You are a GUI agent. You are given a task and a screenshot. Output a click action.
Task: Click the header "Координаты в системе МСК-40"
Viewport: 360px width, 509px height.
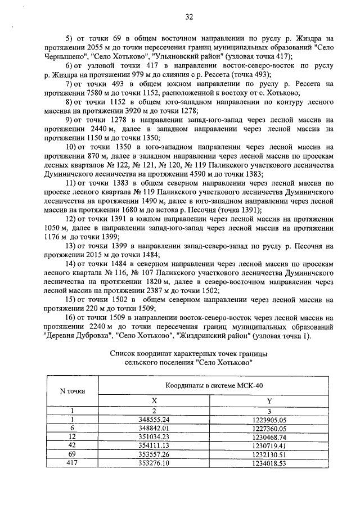pos(209,385)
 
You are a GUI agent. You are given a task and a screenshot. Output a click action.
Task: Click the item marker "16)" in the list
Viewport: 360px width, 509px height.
pos(71,318)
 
